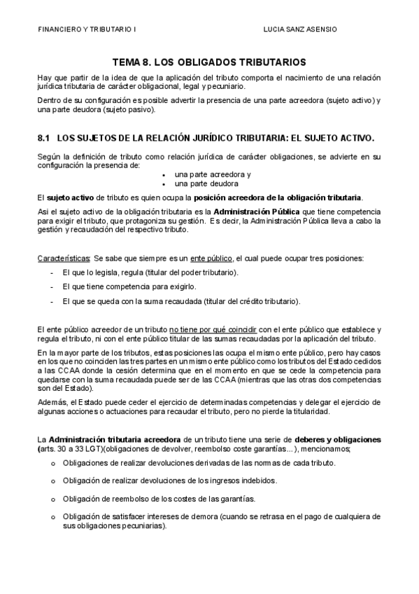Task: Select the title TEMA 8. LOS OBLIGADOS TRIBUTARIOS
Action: (x=208, y=62)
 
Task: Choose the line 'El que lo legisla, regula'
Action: (x=150, y=272)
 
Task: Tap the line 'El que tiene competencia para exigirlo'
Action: (x=129, y=286)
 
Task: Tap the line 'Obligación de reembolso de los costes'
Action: (x=158, y=499)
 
